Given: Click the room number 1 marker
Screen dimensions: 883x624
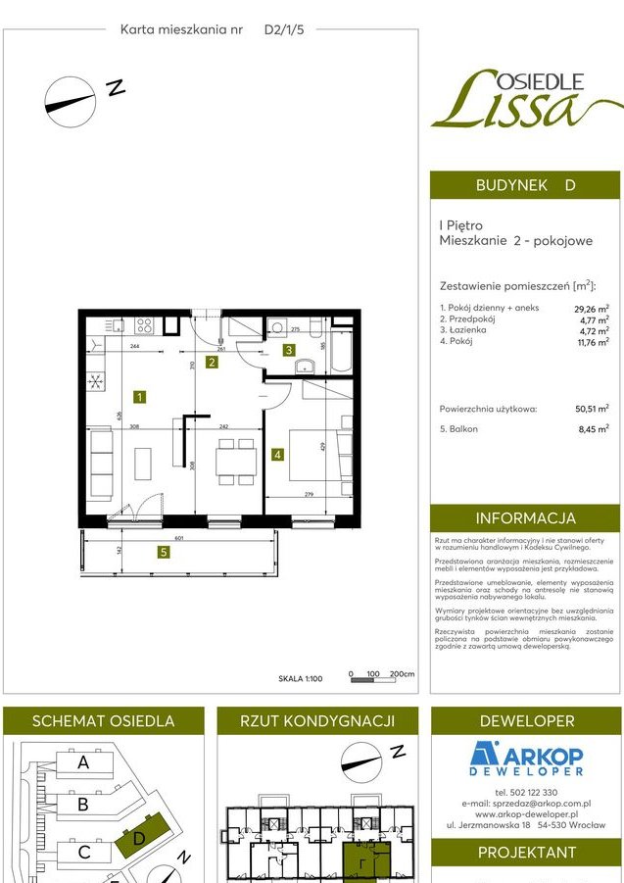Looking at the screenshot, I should point(141,397).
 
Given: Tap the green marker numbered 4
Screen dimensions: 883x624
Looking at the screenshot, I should point(278,455).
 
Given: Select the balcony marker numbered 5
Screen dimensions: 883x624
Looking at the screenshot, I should point(163,552).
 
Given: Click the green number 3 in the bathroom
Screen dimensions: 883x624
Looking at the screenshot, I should point(289,350).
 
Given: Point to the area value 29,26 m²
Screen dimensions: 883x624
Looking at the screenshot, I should point(591,308).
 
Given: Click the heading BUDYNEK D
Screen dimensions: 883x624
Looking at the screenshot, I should point(525,185).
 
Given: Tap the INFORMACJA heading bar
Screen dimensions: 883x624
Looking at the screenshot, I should point(525,518).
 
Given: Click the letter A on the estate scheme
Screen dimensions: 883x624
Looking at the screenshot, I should point(83,762).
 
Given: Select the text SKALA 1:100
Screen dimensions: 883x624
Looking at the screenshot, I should point(300,676).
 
